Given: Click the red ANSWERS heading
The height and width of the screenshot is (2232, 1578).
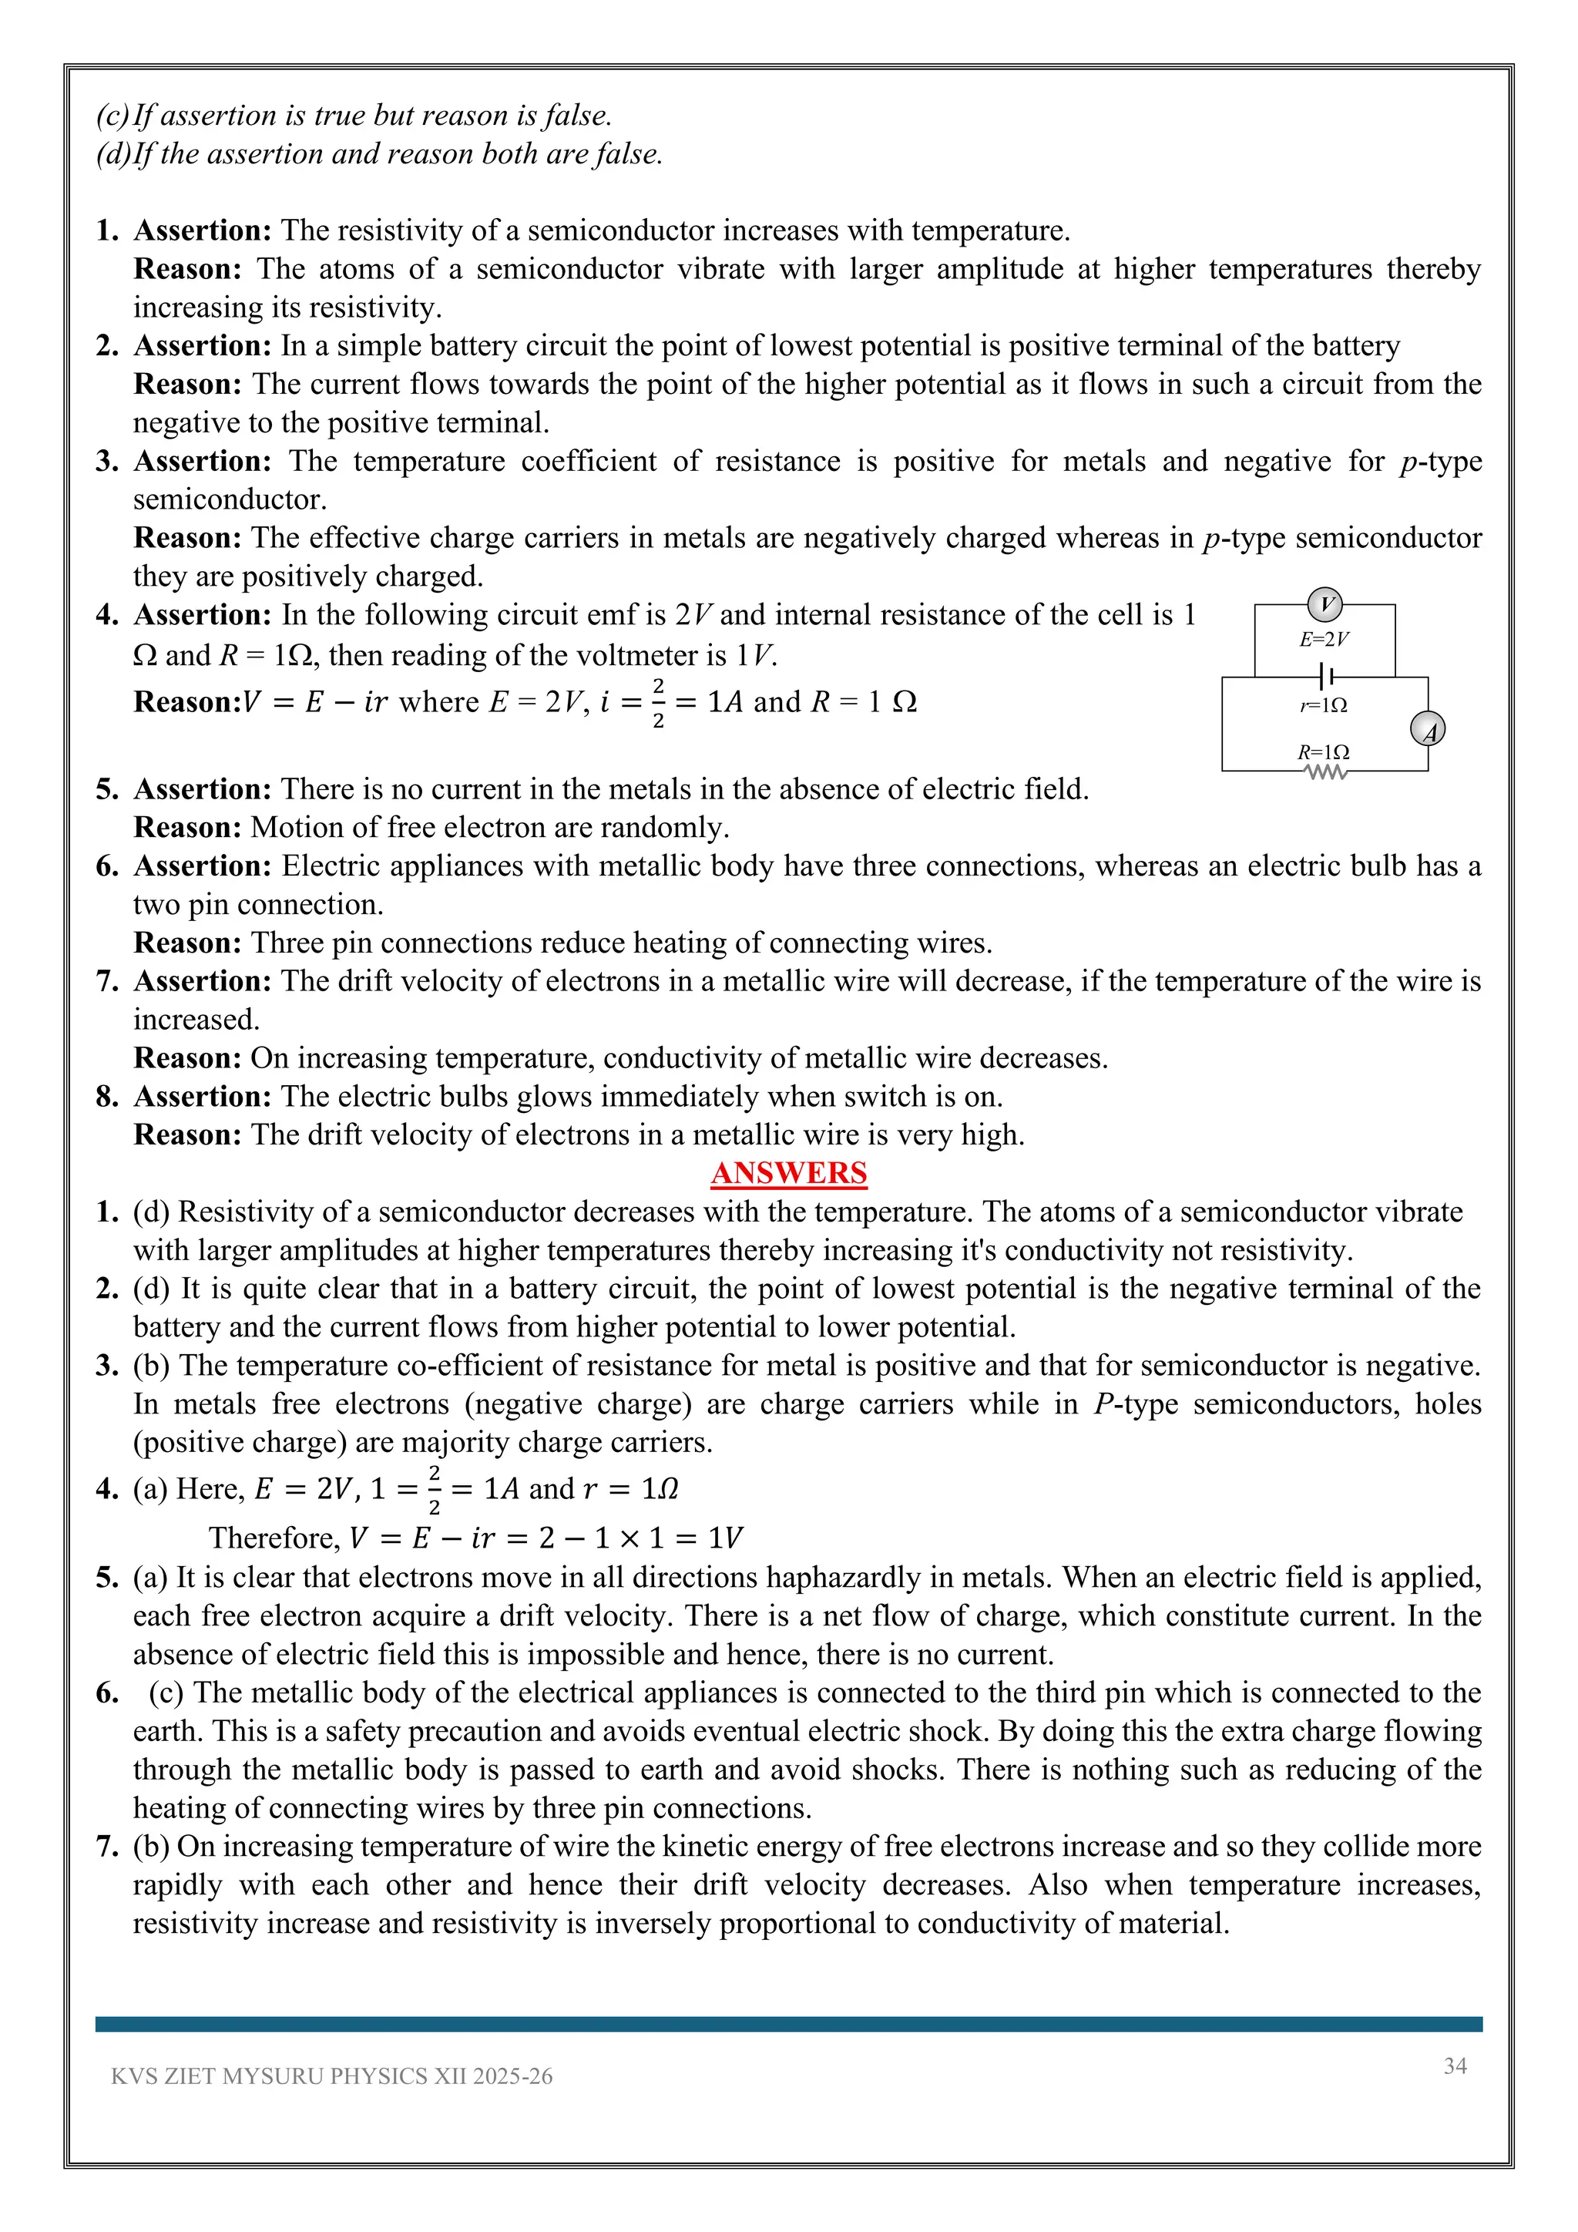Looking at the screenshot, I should tap(788, 1173).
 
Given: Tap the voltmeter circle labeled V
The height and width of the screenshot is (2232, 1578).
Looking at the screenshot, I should tap(1325, 605).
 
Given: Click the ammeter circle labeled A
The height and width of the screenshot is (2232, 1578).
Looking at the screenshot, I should tap(1428, 729).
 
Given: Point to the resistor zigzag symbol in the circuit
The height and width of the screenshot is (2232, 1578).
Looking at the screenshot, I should tap(1325, 773).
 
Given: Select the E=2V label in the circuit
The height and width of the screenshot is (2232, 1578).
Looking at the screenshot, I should tap(1324, 639).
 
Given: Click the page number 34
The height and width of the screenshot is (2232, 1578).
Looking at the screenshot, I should tap(1455, 2066).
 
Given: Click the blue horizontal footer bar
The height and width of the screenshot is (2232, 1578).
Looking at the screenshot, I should tap(788, 2024).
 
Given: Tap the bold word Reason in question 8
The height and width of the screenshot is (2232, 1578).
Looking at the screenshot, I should tap(186, 1134).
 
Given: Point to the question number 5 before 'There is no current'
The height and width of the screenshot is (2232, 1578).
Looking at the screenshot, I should tap(107, 789).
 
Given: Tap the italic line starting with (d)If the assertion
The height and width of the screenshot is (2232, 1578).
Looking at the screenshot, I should tap(379, 153).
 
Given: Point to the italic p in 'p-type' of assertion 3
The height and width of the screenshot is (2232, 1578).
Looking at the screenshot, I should tap(1408, 462).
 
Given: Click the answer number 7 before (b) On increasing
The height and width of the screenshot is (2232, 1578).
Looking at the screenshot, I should tap(107, 1846).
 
